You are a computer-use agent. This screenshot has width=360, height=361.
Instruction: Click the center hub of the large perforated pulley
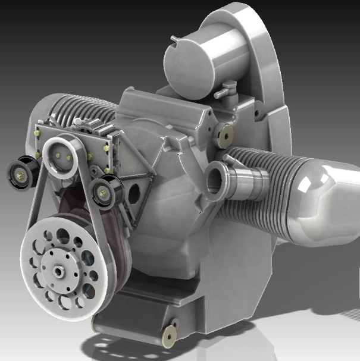pos(60,271)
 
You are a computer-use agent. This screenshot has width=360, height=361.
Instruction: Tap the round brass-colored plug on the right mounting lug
pos(225,136)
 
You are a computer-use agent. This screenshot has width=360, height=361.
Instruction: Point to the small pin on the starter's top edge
pos(173,39)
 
